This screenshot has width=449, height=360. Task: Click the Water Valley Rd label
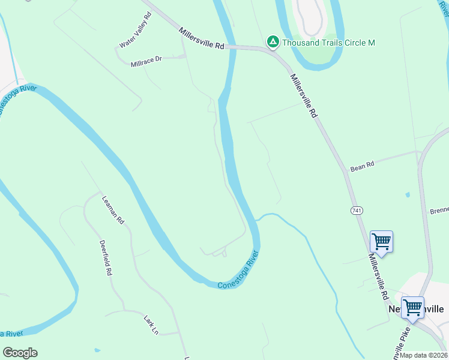click(x=135, y=30)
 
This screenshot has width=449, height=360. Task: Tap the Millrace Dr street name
click(x=146, y=61)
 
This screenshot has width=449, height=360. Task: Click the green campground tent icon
click(x=273, y=41)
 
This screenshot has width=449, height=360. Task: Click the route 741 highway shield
click(x=357, y=210)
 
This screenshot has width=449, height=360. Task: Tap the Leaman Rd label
click(x=112, y=210)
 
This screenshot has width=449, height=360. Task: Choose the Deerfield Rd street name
click(x=106, y=257)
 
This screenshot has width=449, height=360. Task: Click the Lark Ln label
click(x=151, y=324)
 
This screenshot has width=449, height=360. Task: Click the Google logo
click(x=20, y=353)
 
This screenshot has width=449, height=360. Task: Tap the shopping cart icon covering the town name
click(x=413, y=308)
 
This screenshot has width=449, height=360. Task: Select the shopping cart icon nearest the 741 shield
click(x=381, y=242)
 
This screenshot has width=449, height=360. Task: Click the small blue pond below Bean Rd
click(x=408, y=194)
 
